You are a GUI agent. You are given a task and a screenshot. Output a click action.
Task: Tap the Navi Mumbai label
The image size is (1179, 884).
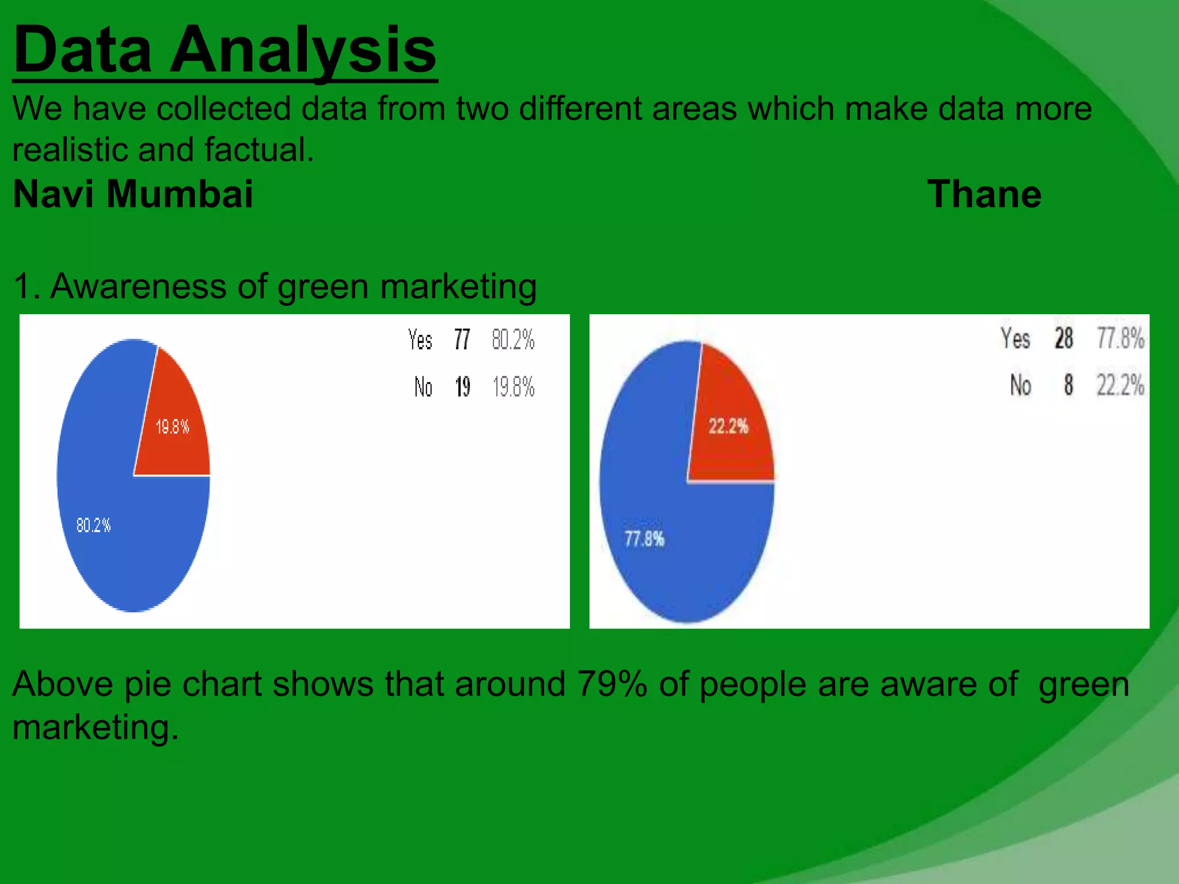(x=133, y=194)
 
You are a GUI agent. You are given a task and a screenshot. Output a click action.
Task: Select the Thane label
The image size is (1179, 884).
(x=984, y=194)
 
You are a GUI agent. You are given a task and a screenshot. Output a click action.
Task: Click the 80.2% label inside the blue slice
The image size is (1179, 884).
(x=93, y=525)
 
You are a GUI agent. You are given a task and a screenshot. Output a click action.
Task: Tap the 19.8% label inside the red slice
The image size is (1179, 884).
(x=172, y=426)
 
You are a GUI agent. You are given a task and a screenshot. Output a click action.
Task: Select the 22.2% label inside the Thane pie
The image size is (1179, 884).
(x=728, y=426)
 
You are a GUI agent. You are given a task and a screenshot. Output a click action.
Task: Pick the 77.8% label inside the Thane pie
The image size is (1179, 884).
(x=644, y=539)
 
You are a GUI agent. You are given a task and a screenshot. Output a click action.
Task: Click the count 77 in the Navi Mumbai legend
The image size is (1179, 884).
(x=462, y=340)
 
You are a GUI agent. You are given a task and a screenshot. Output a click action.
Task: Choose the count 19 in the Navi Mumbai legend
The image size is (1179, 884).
(x=462, y=387)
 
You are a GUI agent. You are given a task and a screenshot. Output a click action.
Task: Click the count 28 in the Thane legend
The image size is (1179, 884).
(x=1064, y=338)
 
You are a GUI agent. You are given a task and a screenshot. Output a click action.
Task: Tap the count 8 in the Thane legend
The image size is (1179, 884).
(x=1068, y=384)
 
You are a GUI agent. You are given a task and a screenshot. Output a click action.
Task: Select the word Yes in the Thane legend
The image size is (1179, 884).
(x=1015, y=338)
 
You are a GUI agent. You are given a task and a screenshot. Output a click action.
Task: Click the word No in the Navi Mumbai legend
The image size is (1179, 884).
(x=423, y=387)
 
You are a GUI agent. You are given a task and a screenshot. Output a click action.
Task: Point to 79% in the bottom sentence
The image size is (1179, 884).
(x=612, y=684)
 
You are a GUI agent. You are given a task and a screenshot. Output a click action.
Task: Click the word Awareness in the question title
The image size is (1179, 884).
(x=139, y=286)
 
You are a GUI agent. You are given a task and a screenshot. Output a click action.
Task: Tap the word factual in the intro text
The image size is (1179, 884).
(x=258, y=150)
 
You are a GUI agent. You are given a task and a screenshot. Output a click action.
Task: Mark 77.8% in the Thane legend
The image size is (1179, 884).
(x=1120, y=338)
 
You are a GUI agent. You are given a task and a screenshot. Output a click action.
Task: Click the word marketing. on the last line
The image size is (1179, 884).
(x=96, y=727)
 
